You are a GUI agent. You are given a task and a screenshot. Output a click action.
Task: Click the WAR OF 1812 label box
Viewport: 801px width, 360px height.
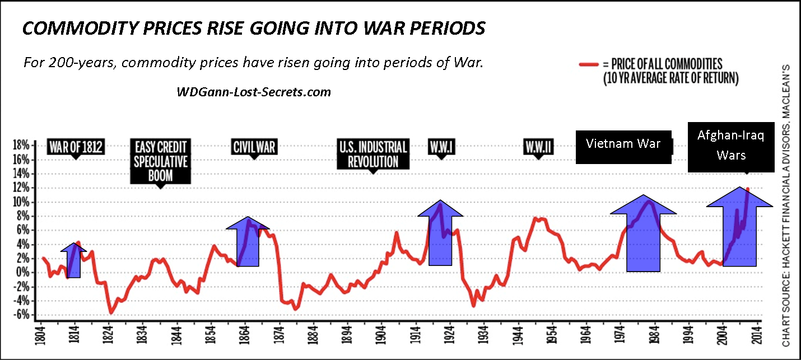76,147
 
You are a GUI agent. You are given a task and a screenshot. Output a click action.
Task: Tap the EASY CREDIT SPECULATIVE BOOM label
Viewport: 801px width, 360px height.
160,161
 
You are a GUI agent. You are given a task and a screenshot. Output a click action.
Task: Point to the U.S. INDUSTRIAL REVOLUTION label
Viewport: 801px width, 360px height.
373,155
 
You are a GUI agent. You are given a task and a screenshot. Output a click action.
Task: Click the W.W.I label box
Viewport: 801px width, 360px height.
441,147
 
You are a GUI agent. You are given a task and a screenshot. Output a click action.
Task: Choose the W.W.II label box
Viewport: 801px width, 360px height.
539,147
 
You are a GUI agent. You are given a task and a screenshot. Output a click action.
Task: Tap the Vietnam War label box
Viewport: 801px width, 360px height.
623,144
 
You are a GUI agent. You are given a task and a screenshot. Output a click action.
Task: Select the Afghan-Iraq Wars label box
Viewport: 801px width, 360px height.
726,145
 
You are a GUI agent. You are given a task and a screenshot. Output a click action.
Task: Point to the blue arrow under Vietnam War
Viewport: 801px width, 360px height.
643,238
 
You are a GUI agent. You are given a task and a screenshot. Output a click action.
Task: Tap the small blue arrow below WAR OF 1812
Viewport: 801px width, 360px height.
74,262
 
